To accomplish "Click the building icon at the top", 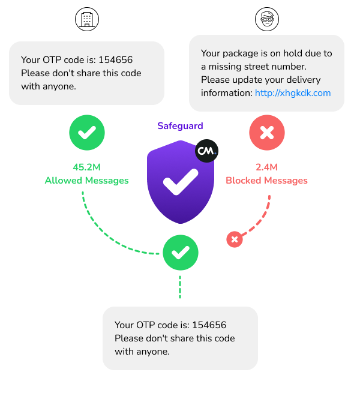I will pos(86,19).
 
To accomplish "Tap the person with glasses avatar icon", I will pos(266,19).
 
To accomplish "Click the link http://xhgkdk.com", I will pos(293,93).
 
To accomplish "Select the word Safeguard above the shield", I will pos(180,126).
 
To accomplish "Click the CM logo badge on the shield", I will pos(206,151).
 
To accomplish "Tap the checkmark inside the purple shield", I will pos(180,181).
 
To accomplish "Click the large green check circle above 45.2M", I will pos(86,133).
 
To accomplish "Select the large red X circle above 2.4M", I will pos(266,133).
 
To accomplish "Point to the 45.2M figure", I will pos(86,167).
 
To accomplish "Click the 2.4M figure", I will pos(266,167).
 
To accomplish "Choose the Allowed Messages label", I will pos(86,181).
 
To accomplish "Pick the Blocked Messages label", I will pos(266,181).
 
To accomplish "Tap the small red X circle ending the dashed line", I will pos(235,239).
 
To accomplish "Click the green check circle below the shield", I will pos(180,253).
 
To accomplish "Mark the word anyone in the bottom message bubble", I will pos(151,352).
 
